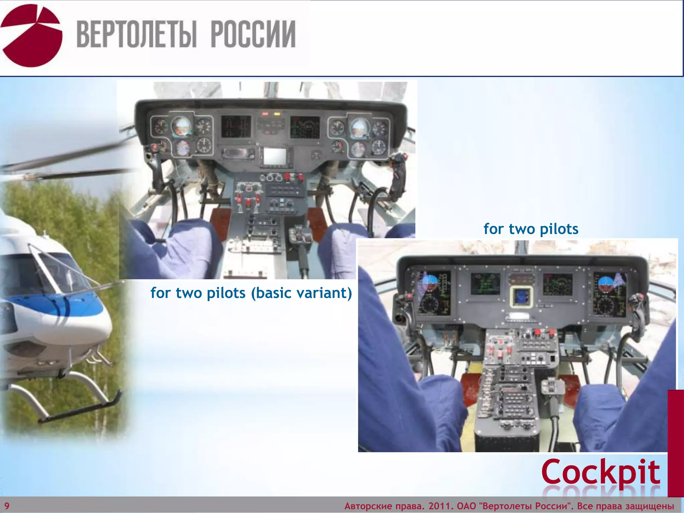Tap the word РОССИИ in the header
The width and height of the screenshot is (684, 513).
[253, 34]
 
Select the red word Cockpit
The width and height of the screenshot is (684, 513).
[601, 472]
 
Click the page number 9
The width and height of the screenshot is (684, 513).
[7, 506]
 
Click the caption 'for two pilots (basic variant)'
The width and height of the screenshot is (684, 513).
[251, 293]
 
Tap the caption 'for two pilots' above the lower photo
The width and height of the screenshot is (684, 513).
[531, 229]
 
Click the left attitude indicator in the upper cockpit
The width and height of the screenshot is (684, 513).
[181, 126]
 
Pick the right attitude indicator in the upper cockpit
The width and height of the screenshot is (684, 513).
[360, 127]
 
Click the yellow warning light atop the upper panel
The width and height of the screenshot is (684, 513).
[277, 114]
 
